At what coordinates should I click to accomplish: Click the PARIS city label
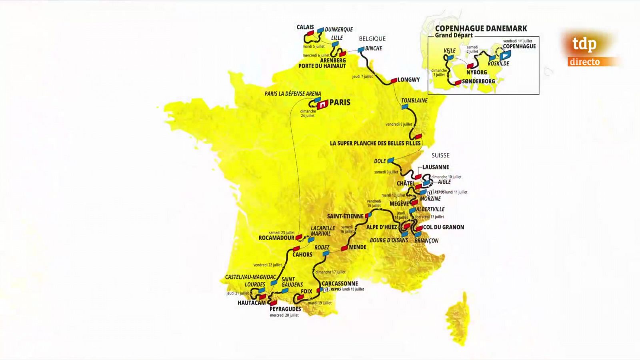pyautogui.click(x=340, y=102)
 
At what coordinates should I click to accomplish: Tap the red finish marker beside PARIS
pyautogui.click(x=322, y=105)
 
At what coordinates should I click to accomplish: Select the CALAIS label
pyautogui.click(x=305, y=27)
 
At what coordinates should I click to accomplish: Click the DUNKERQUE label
pyautogui.click(x=338, y=30)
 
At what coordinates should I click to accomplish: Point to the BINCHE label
pyautogui.click(x=374, y=48)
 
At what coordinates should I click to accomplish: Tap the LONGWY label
pyautogui.click(x=408, y=80)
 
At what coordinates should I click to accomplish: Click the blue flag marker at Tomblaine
pyautogui.click(x=405, y=107)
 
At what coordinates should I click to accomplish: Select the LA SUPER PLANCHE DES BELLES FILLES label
pyautogui.click(x=375, y=143)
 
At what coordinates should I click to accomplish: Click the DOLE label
pyautogui.click(x=380, y=161)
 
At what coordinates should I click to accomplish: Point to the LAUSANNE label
pyautogui.click(x=436, y=167)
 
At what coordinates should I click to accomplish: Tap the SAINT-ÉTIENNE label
pyautogui.click(x=345, y=216)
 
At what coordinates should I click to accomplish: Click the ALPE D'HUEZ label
pyautogui.click(x=382, y=227)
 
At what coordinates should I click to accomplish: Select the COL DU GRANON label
pyautogui.click(x=444, y=227)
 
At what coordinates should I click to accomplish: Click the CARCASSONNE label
pyautogui.click(x=340, y=284)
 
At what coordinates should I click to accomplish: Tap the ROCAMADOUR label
pyautogui.click(x=276, y=238)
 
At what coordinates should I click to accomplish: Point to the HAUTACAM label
pyautogui.click(x=252, y=303)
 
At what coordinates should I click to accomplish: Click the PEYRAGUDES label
pyautogui.click(x=285, y=309)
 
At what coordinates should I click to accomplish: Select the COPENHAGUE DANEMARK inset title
pyautogui.click(x=481, y=29)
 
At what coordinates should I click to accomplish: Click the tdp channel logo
pyautogui.click(x=584, y=44)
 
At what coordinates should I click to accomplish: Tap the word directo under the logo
pyautogui.click(x=584, y=62)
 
